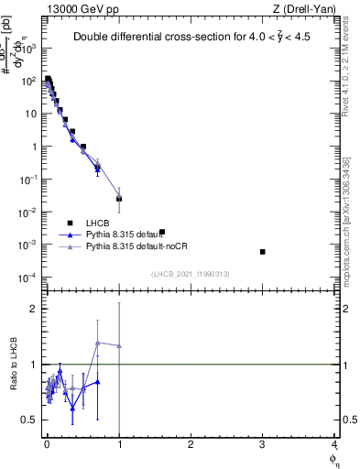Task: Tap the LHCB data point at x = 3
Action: (x=263, y=251)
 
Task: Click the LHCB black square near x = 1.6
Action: (x=162, y=232)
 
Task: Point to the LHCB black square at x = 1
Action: (x=119, y=199)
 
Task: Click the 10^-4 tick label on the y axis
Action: (x=29, y=278)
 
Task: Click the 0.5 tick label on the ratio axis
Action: (x=31, y=420)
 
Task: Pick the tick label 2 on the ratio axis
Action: (x=35, y=309)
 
